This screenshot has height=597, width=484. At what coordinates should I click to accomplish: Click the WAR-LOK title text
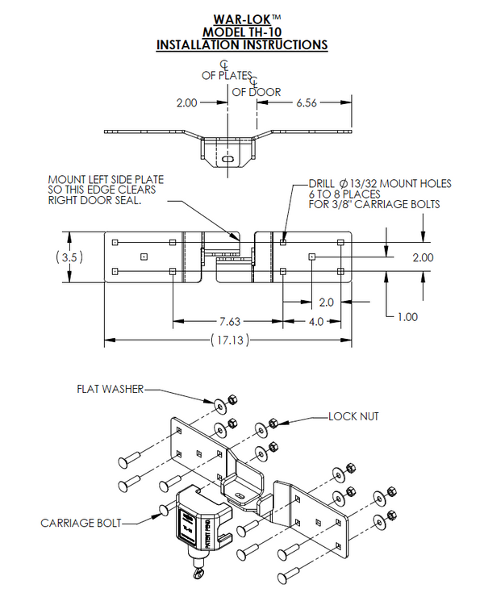click(241, 17)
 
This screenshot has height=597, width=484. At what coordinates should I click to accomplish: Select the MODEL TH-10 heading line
click(241, 31)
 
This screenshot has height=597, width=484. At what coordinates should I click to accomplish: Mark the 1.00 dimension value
click(407, 317)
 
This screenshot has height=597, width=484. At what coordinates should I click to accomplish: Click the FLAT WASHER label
click(110, 389)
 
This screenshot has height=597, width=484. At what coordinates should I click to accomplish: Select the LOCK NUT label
click(353, 416)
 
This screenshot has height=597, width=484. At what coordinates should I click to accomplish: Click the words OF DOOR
click(257, 91)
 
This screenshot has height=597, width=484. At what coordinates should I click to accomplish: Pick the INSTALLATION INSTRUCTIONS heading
click(241, 44)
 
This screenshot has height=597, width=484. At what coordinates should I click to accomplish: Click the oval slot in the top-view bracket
click(228, 160)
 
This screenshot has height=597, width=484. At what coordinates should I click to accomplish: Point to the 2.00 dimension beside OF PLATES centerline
click(186, 103)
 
